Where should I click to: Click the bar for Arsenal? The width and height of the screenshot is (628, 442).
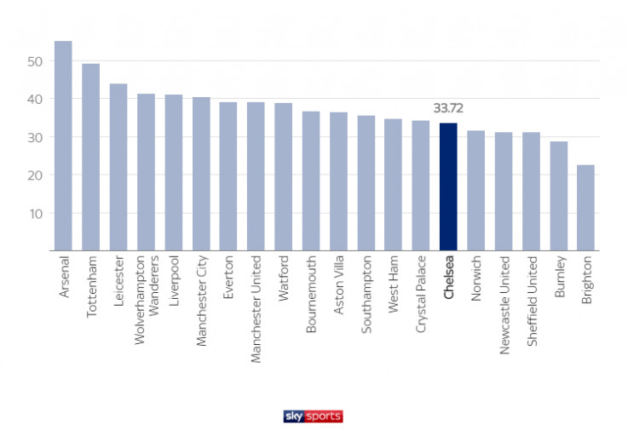63,146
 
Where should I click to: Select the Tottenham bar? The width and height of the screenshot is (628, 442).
90,157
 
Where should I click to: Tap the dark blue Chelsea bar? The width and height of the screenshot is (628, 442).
448,187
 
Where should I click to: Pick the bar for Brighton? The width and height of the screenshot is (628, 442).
586,208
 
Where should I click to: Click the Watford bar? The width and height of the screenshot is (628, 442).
283,176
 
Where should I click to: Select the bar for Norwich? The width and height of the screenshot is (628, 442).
475,191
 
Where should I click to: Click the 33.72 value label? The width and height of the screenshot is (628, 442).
448,108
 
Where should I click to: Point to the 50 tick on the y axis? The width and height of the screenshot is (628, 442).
34,61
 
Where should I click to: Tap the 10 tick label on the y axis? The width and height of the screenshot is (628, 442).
34,213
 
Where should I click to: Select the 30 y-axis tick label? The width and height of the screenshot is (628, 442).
34,137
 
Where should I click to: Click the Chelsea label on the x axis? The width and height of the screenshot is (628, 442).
449,282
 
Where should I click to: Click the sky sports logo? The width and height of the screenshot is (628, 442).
313,416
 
